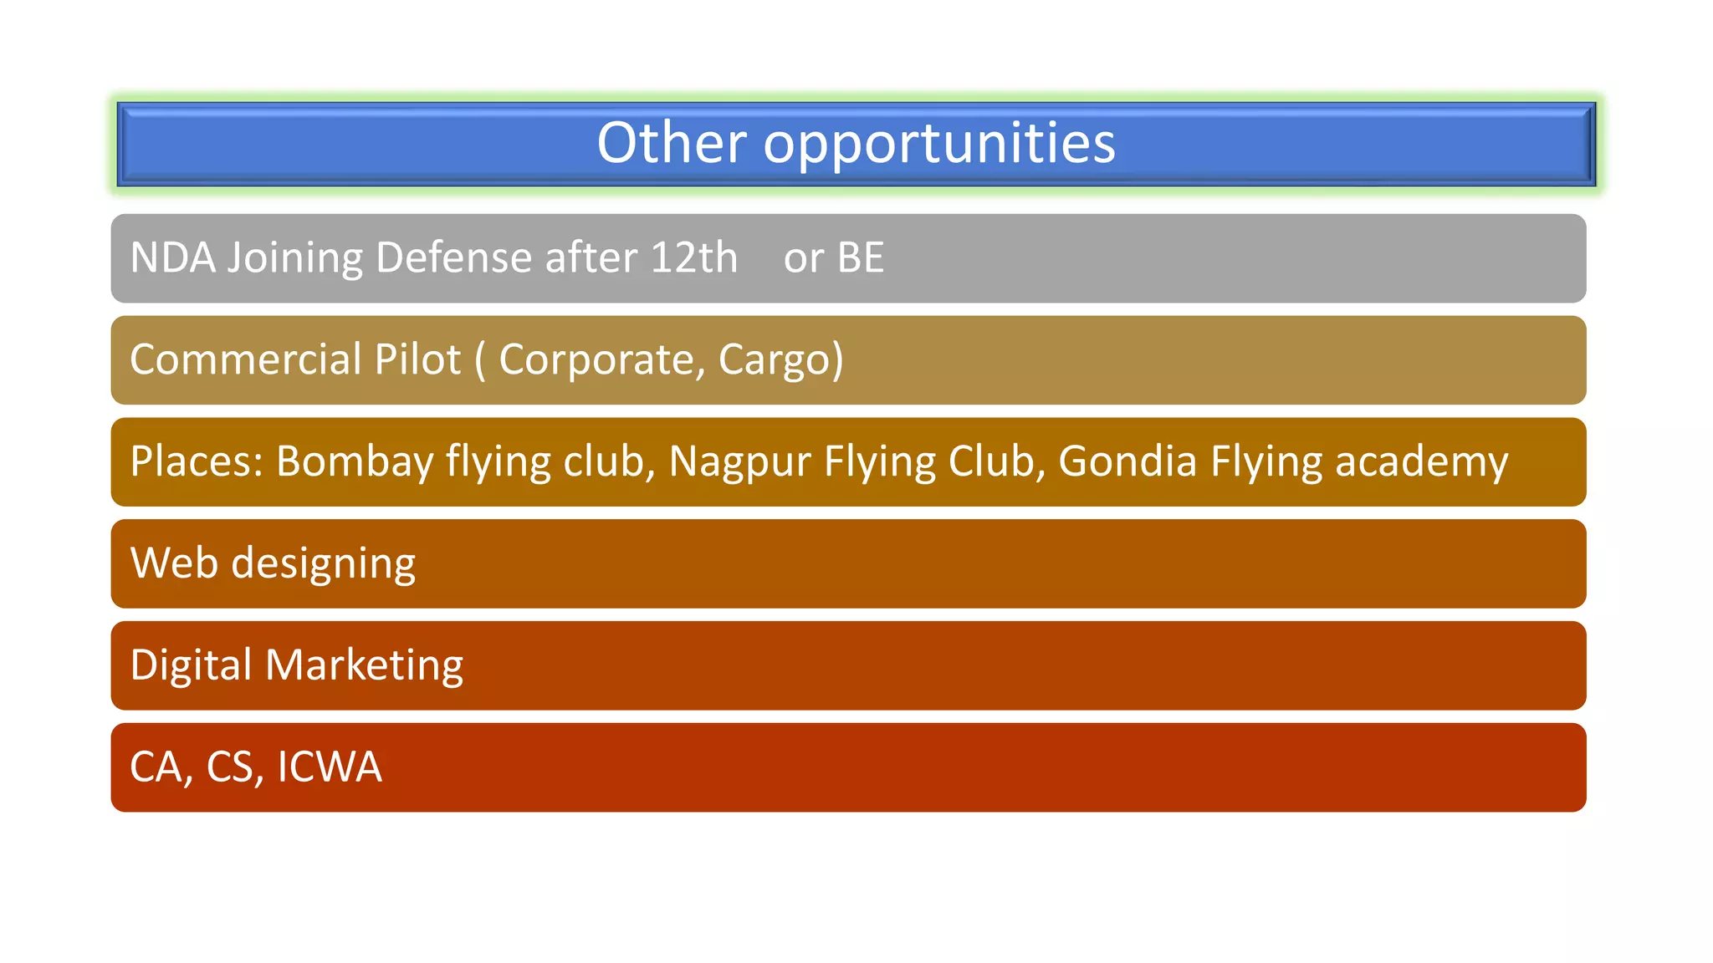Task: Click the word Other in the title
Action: point(671,142)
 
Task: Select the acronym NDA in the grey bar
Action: point(173,257)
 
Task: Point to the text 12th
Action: point(693,257)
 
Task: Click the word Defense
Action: point(453,257)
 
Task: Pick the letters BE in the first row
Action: point(860,257)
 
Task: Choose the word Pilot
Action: point(417,359)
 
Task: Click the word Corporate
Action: point(596,359)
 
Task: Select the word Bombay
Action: point(355,461)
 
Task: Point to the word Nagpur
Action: point(739,461)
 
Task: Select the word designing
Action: point(323,564)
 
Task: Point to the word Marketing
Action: point(364,665)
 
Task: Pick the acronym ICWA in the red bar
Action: point(329,767)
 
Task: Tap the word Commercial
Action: point(245,359)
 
